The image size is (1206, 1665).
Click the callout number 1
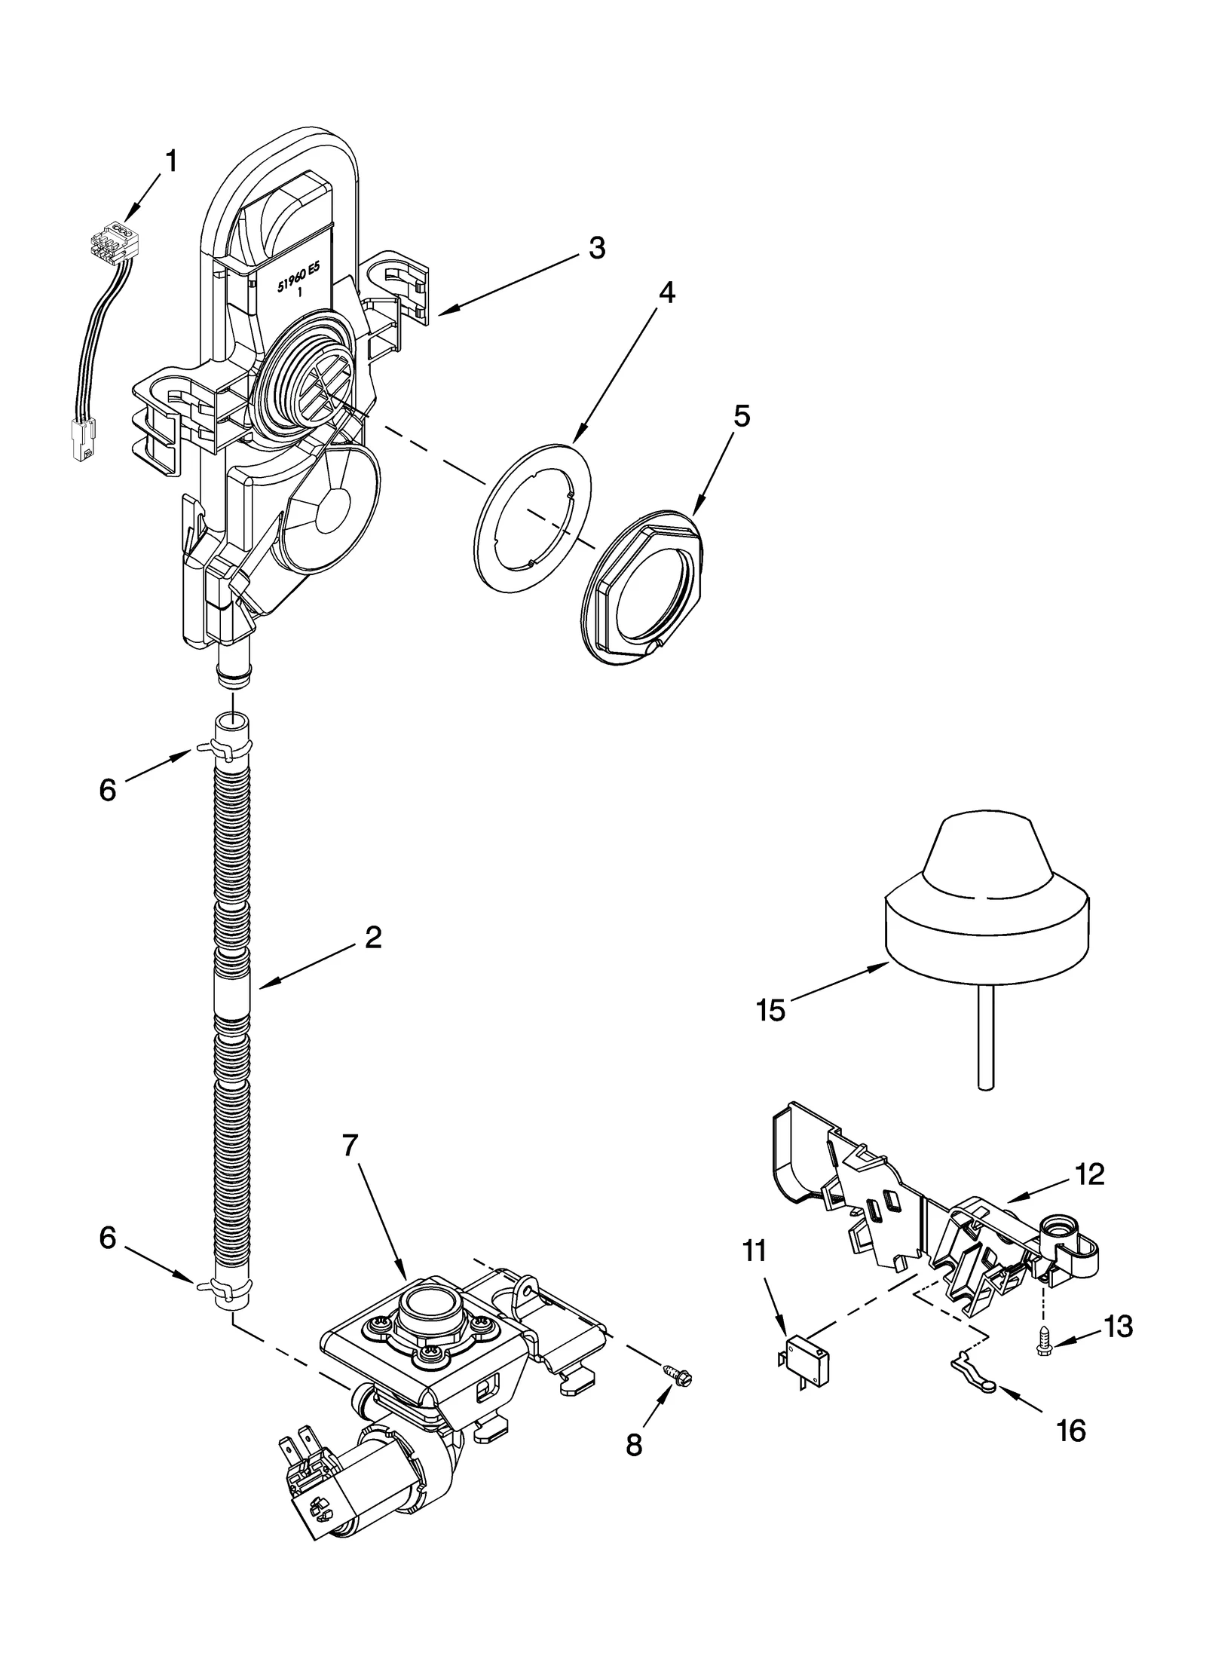click(x=173, y=161)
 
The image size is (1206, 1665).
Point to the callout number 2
click(x=373, y=938)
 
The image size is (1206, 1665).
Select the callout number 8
click(x=634, y=1445)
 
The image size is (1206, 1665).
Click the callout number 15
click(x=771, y=1011)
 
